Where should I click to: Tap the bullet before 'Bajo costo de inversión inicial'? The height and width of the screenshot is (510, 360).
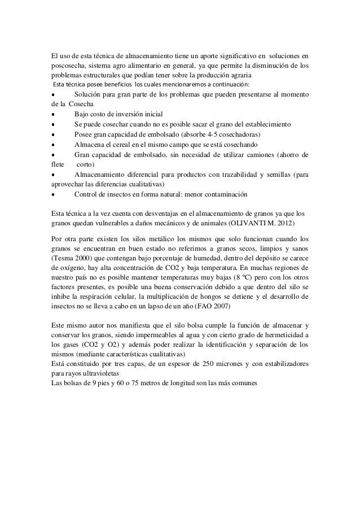53,114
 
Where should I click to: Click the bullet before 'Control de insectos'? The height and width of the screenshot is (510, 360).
53,195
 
